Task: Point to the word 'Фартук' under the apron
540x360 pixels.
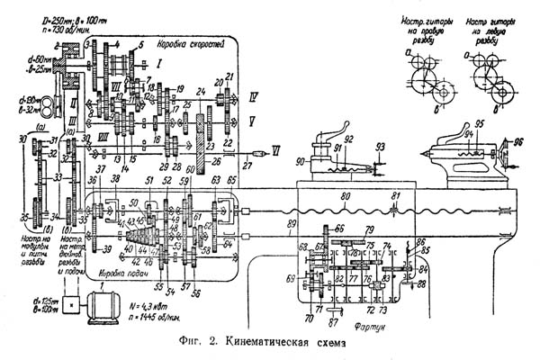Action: pyautogui.click(x=370, y=330)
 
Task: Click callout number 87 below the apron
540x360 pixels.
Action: pyautogui.click(x=335, y=320)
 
